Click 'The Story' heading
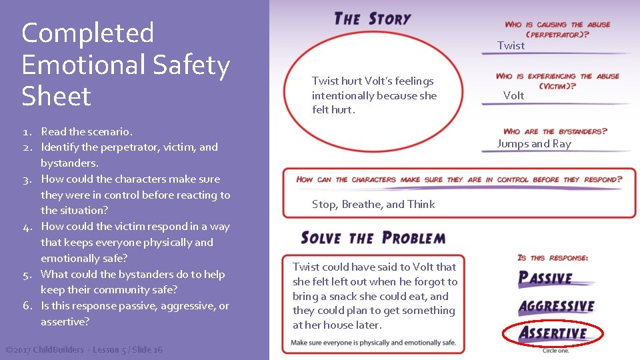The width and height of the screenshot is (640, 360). [x=372, y=18]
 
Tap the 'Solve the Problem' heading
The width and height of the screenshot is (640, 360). [x=373, y=237]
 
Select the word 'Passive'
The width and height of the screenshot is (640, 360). [x=545, y=278]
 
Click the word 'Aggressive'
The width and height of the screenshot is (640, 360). [x=557, y=306]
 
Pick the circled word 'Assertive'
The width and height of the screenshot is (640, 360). [x=553, y=333]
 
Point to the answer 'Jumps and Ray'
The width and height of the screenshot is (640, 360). [x=533, y=143]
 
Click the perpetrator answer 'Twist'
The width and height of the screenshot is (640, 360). [x=511, y=45]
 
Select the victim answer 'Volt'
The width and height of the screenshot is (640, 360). [x=513, y=95]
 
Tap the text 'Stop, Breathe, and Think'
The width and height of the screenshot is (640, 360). [x=373, y=204]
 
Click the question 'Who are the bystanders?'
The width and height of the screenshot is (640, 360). [x=555, y=131]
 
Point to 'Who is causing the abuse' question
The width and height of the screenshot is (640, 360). [x=557, y=29]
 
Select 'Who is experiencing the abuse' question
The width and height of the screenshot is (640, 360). [x=557, y=81]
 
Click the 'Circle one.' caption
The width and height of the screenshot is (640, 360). [x=555, y=350]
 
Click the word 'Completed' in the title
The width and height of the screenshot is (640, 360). [x=87, y=33]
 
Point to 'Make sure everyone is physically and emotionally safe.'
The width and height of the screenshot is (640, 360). [x=373, y=343]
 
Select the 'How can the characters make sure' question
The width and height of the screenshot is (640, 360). [x=459, y=179]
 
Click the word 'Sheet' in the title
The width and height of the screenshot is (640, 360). [x=56, y=96]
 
